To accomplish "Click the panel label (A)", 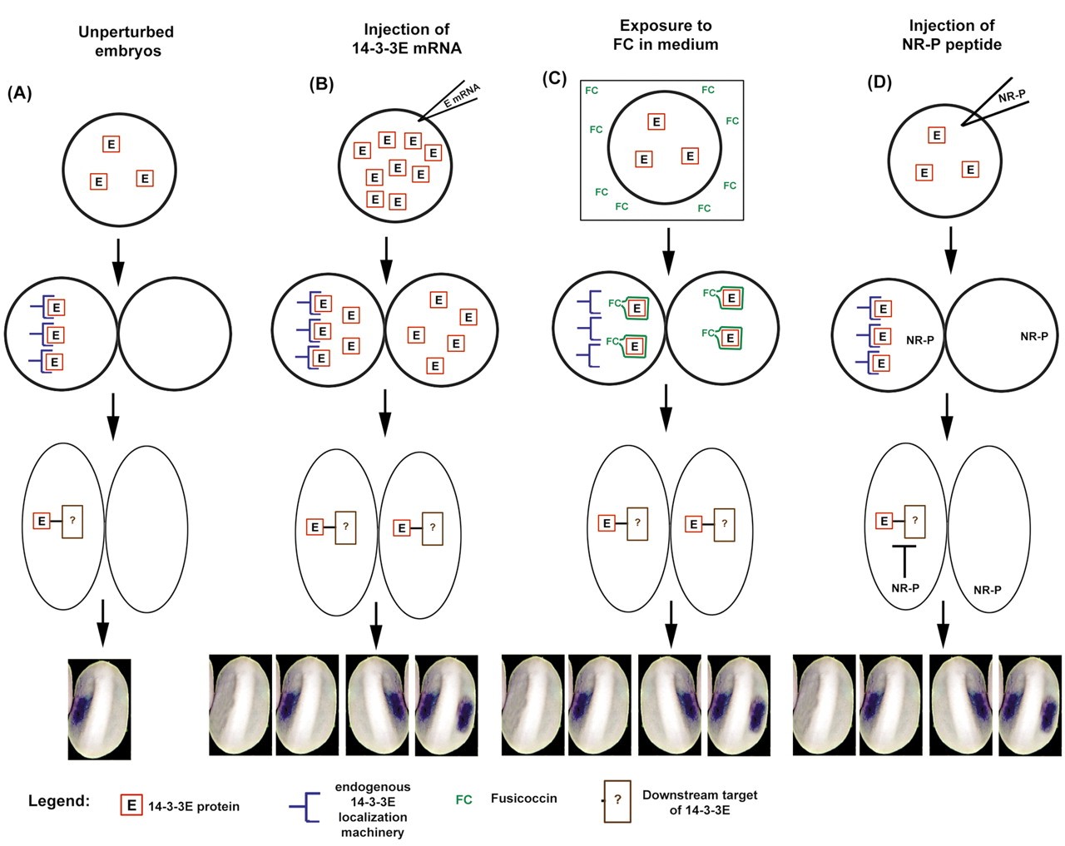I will pos(19,93).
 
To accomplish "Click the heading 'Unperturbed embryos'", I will pos(126,41).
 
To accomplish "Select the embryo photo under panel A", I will pos(99,709).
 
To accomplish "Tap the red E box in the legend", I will pos(131,805).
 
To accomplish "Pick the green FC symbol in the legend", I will pos(463,799).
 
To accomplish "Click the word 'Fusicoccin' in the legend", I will pos(523,799).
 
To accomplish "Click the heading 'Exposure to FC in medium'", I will pos(665,34).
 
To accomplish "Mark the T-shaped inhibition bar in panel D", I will pos(904,557).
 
